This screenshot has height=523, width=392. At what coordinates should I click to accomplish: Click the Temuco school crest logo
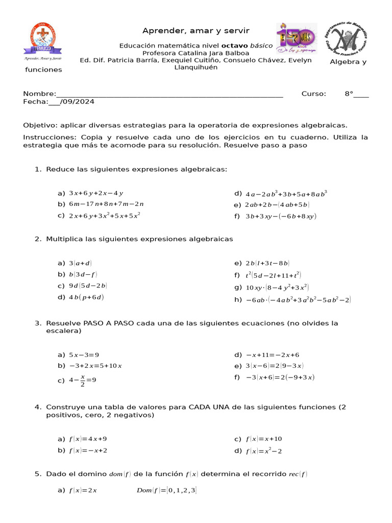43,40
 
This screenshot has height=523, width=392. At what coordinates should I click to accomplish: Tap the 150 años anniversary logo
297,38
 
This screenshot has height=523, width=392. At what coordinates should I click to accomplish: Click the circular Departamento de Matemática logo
347,39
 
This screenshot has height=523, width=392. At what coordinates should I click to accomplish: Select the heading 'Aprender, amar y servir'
196,31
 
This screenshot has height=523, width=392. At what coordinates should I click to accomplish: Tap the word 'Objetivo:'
40,125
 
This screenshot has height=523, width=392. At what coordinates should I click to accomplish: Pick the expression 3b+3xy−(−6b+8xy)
281,216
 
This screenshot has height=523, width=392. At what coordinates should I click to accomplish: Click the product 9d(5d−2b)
88,286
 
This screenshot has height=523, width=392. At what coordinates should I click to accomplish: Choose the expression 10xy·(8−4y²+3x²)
277,288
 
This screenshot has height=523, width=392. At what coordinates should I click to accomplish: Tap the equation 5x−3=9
84,355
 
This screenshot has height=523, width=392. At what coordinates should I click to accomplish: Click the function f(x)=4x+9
88,439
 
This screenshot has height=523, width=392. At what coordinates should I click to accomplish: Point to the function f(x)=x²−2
264,451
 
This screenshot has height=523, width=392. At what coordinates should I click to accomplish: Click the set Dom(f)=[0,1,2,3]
166,491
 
